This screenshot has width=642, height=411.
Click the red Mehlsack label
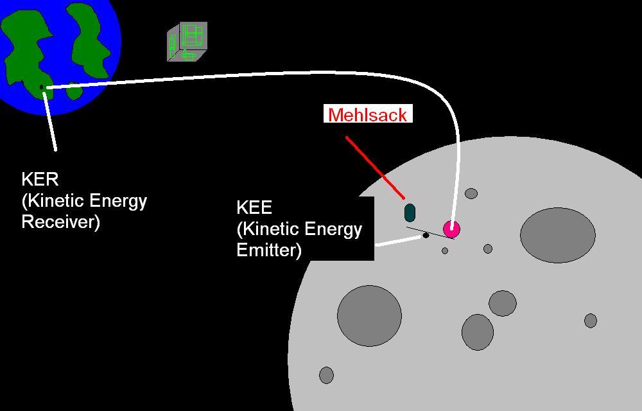click(x=368, y=115)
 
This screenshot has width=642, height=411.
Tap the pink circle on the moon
click(x=451, y=228)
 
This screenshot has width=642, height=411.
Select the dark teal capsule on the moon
click(x=410, y=213)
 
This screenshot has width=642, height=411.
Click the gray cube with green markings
click(x=187, y=42)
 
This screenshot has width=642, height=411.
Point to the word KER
click(x=40, y=179)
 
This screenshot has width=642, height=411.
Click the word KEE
click(x=254, y=207)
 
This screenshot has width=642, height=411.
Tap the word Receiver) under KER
click(x=60, y=222)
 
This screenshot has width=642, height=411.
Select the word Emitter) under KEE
click(x=269, y=250)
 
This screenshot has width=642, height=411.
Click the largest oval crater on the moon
click(x=557, y=235)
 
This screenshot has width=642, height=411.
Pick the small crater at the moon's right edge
click(x=591, y=320)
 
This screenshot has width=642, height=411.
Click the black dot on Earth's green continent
click(x=42, y=87)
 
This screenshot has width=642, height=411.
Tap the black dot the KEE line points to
click(x=425, y=236)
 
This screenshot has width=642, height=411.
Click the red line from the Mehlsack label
click(x=375, y=167)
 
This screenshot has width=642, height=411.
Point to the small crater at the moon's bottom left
click(x=326, y=375)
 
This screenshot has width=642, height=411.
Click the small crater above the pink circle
click(x=471, y=193)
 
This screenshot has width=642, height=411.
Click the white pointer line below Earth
click(x=50, y=122)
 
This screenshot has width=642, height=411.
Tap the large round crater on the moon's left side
click(x=369, y=317)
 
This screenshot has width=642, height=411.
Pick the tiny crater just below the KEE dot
click(x=444, y=250)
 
